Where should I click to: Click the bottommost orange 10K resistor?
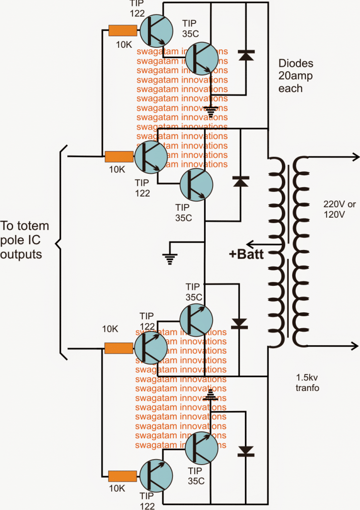pyautogui.click(x=122, y=476)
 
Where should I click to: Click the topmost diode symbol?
pyautogui.click(x=244, y=55)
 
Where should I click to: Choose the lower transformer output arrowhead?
pyautogui.click(x=355, y=346)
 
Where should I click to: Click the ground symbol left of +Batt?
pyautogui.click(x=170, y=256)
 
